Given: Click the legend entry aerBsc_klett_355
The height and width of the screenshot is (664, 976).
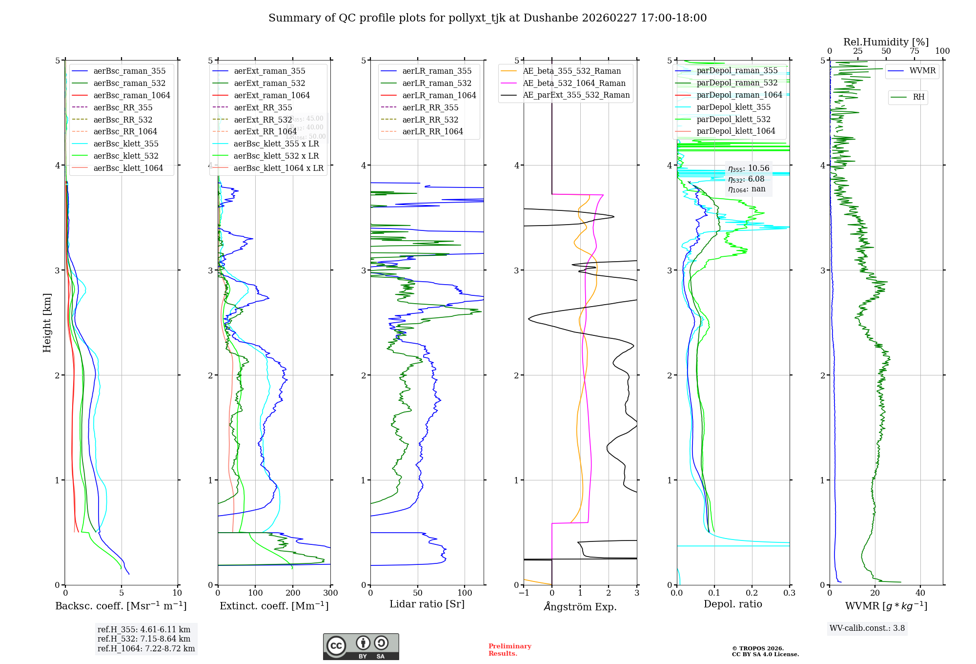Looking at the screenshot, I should (x=125, y=144).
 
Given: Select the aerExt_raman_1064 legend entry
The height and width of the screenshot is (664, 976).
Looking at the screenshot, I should (x=271, y=95).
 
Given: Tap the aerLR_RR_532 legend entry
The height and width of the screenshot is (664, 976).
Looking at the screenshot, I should (x=430, y=120).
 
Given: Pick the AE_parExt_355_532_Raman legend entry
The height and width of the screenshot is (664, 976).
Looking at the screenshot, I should (x=576, y=95).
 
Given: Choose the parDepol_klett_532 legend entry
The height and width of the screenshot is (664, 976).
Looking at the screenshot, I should (x=733, y=119).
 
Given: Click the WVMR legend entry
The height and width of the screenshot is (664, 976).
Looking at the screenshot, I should (x=922, y=71).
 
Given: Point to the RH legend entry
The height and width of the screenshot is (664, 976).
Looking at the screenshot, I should (x=918, y=97).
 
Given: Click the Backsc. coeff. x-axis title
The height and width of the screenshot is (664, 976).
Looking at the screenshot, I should (x=121, y=606).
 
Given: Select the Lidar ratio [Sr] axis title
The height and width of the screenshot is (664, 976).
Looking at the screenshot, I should (x=427, y=604).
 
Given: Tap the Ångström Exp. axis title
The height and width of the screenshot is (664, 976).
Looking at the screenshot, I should (x=580, y=606).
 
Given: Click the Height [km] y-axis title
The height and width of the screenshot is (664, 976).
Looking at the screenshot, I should (x=47, y=323).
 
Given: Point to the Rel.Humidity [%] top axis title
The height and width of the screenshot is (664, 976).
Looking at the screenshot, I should (x=886, y=42).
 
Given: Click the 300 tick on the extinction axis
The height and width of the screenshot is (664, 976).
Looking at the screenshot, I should (x=330, y=593).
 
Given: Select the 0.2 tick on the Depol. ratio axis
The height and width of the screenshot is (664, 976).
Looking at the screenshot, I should (x=752, y=593).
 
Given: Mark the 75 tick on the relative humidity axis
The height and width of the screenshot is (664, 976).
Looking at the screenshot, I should (x=914, y=51).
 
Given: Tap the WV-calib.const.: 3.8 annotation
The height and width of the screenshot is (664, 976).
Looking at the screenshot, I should (x=867, y=628).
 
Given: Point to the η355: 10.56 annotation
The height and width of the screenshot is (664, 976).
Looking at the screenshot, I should (x=749, y=168).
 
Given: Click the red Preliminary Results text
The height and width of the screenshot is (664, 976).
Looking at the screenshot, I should (x=509, y=650).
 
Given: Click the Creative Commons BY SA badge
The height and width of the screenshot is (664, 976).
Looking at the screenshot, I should (x=361, y=647).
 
